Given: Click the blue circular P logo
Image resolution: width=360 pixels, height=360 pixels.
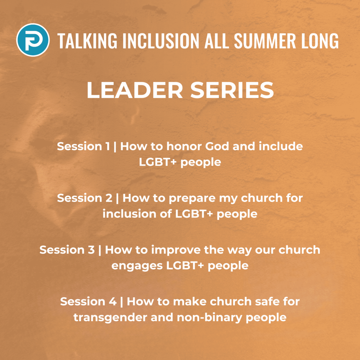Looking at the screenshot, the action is point(33,40).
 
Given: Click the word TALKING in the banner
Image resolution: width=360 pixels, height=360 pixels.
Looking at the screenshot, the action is point(87,41).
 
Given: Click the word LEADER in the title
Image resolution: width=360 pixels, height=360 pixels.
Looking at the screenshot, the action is point(135,90).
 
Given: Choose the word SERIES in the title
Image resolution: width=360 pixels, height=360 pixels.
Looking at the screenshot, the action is point(232,90).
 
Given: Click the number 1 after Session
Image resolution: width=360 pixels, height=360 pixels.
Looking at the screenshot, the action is point(108,146).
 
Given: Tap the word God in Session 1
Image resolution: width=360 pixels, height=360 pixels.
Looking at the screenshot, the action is point(217,146).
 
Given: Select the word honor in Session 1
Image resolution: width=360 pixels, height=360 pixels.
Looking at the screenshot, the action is point(184,146).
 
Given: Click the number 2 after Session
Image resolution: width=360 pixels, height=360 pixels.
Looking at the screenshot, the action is point(109,198).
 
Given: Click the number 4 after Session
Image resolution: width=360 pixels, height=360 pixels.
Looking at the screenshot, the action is point(113,301).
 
